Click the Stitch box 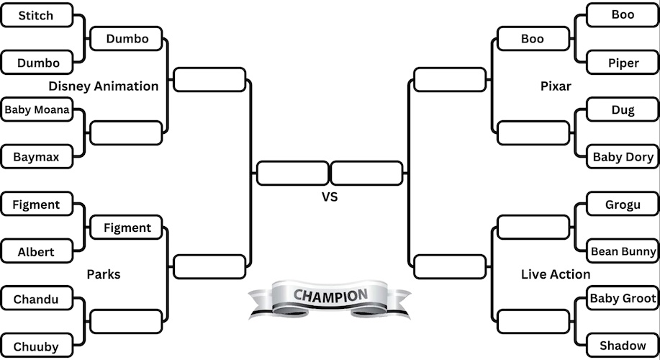(x=36, y=15)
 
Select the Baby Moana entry (x=36, y=110)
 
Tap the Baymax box (x=36, y=156)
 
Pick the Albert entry (x=36, y=252)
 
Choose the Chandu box (x=36, y=299)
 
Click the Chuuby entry (x=36, y=346)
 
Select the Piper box (x=623, y=63)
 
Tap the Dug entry (x=623, y=110)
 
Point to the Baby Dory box (x=623, y=156)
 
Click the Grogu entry (x=623, y=204)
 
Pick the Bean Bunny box (x=623, y=252)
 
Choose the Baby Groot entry (x=623, y=298)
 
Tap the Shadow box (x=623, y=346)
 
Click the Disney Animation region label (x=104, y=86)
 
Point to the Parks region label (x=104, y=274)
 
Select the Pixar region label (x=556, y=86)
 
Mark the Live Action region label (x=556, y=274)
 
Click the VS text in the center (x=330, y=197)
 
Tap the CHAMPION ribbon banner (x=330, y=297)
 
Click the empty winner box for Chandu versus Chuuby (x=126, y=321)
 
